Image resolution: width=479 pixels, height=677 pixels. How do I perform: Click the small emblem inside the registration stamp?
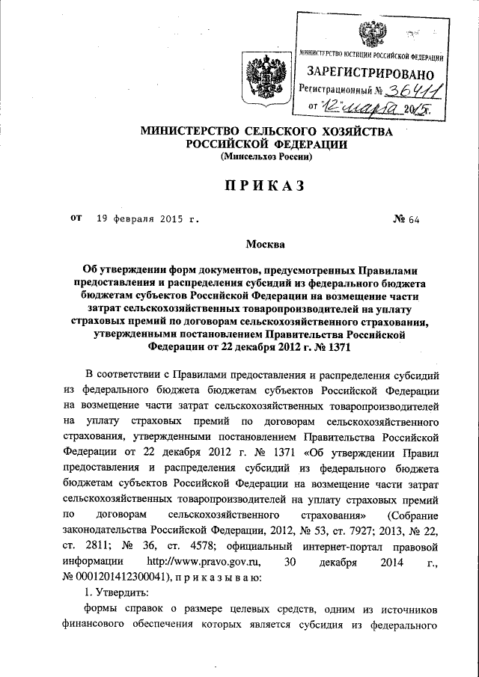tap(372, 34)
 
